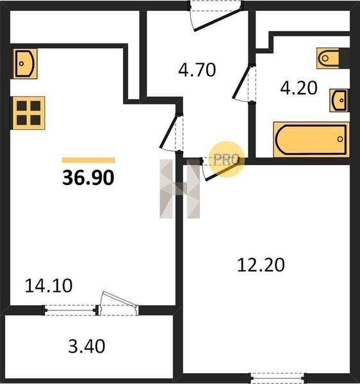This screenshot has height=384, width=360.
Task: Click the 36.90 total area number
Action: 88,177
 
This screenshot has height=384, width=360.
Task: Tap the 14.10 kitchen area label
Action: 49,285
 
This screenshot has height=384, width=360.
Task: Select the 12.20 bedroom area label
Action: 261,265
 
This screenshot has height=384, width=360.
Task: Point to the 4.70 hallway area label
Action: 197,70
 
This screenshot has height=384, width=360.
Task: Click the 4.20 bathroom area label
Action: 299,88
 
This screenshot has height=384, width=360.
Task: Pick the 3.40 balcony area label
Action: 86,346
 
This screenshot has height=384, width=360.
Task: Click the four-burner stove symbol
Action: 29,113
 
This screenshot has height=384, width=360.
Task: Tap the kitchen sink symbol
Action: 25,63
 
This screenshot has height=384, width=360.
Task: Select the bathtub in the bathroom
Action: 311,140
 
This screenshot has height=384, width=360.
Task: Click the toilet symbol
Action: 329,58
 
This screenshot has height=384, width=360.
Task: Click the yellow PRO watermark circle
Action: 227,159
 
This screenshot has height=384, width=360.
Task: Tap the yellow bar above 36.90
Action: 88,160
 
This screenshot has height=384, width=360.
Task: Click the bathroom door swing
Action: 241,83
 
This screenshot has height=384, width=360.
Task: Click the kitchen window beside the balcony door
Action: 70,310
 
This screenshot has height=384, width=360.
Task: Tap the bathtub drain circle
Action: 340,139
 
